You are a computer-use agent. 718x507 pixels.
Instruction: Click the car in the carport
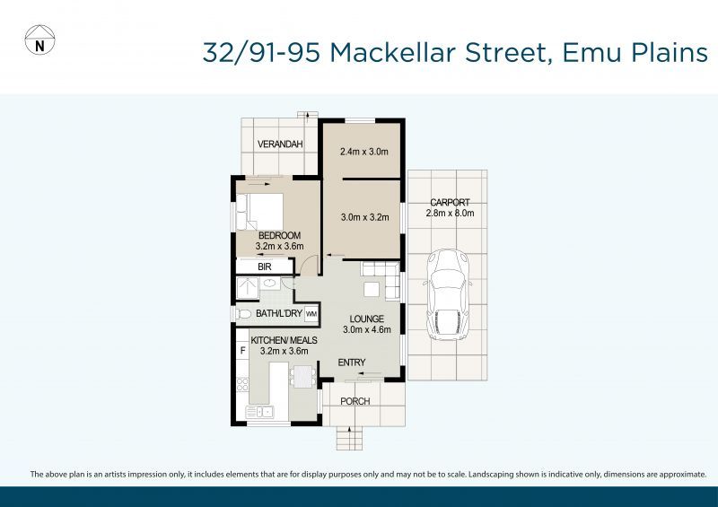pyautogui.click(x=446, y=294)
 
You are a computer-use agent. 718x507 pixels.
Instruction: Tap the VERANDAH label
pyautogui.click(x=280, y=144)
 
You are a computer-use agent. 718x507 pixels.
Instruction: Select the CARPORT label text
pyautogui.click(x=450, y=203)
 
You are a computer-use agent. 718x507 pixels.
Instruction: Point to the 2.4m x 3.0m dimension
pyautogui.click(x=363, y=152)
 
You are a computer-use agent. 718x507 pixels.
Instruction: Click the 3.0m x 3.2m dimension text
pyautogui.click(x=363, y=216)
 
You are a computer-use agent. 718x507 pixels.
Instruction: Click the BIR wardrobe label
pyautogui.click(x=265, y=267)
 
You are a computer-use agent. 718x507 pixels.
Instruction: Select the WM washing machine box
pyautogui.click(x=311, y=314)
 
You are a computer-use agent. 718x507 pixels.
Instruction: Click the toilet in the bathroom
pyautogui.click(x=243, y=314)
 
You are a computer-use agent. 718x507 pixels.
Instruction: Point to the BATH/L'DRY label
pyautogui.click(x=278, y=314)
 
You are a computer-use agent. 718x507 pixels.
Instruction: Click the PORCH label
pyautogui.click(x=355, y=400)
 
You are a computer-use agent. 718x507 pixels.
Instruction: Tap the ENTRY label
pyautogui.click(x=351, y=363)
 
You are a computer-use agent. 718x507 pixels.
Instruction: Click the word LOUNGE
pyautogui.click(x=366, y=319)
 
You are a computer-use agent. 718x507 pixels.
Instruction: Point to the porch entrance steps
pyautogui.click(x=350, y=438)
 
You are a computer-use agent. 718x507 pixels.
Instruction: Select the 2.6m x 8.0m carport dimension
pyautogui.click(x=450, y=214)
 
